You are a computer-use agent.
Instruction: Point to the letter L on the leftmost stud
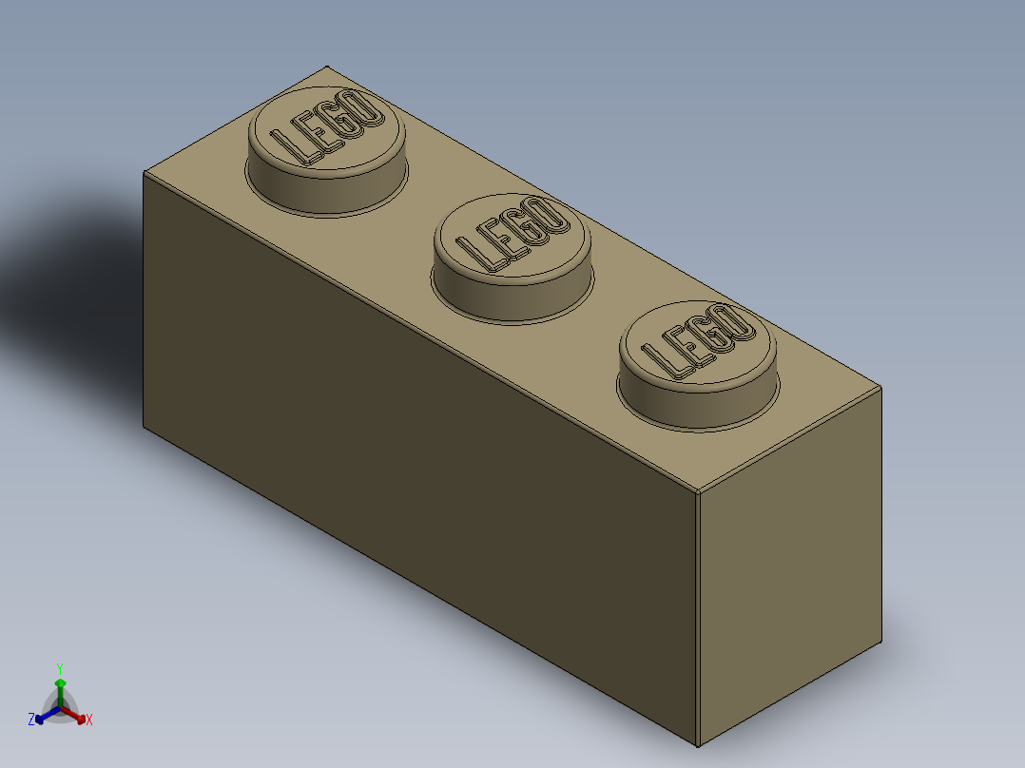pos(289,145)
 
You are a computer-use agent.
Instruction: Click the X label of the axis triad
pos(89,720)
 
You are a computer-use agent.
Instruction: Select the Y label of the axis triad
pos(60,668)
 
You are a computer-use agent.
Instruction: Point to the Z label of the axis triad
pos(30,720)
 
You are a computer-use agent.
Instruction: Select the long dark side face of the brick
pos(418,456)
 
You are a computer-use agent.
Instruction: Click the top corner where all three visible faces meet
pos(699,495)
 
